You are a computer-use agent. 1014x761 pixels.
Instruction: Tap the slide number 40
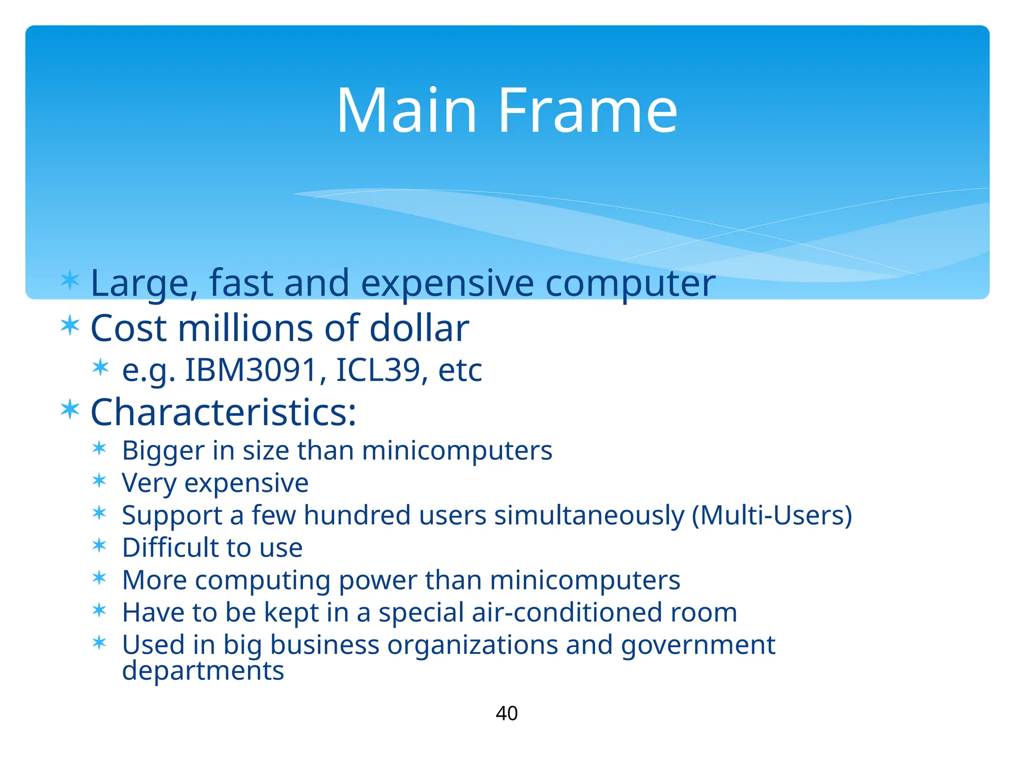point(507,713)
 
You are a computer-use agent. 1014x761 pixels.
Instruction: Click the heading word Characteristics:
point(223,412)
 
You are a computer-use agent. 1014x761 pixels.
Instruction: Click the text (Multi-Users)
point(771,515)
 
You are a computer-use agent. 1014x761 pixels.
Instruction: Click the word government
point(698,645)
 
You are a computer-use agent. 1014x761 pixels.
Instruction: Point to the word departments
point(203,671)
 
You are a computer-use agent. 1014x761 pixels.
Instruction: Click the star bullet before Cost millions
point(70,326)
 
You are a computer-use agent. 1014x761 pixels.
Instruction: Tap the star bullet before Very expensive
point(100,481)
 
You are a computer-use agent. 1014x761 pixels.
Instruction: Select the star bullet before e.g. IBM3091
point(101,368)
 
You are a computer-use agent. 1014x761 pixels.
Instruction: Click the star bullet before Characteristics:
point(70,409)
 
